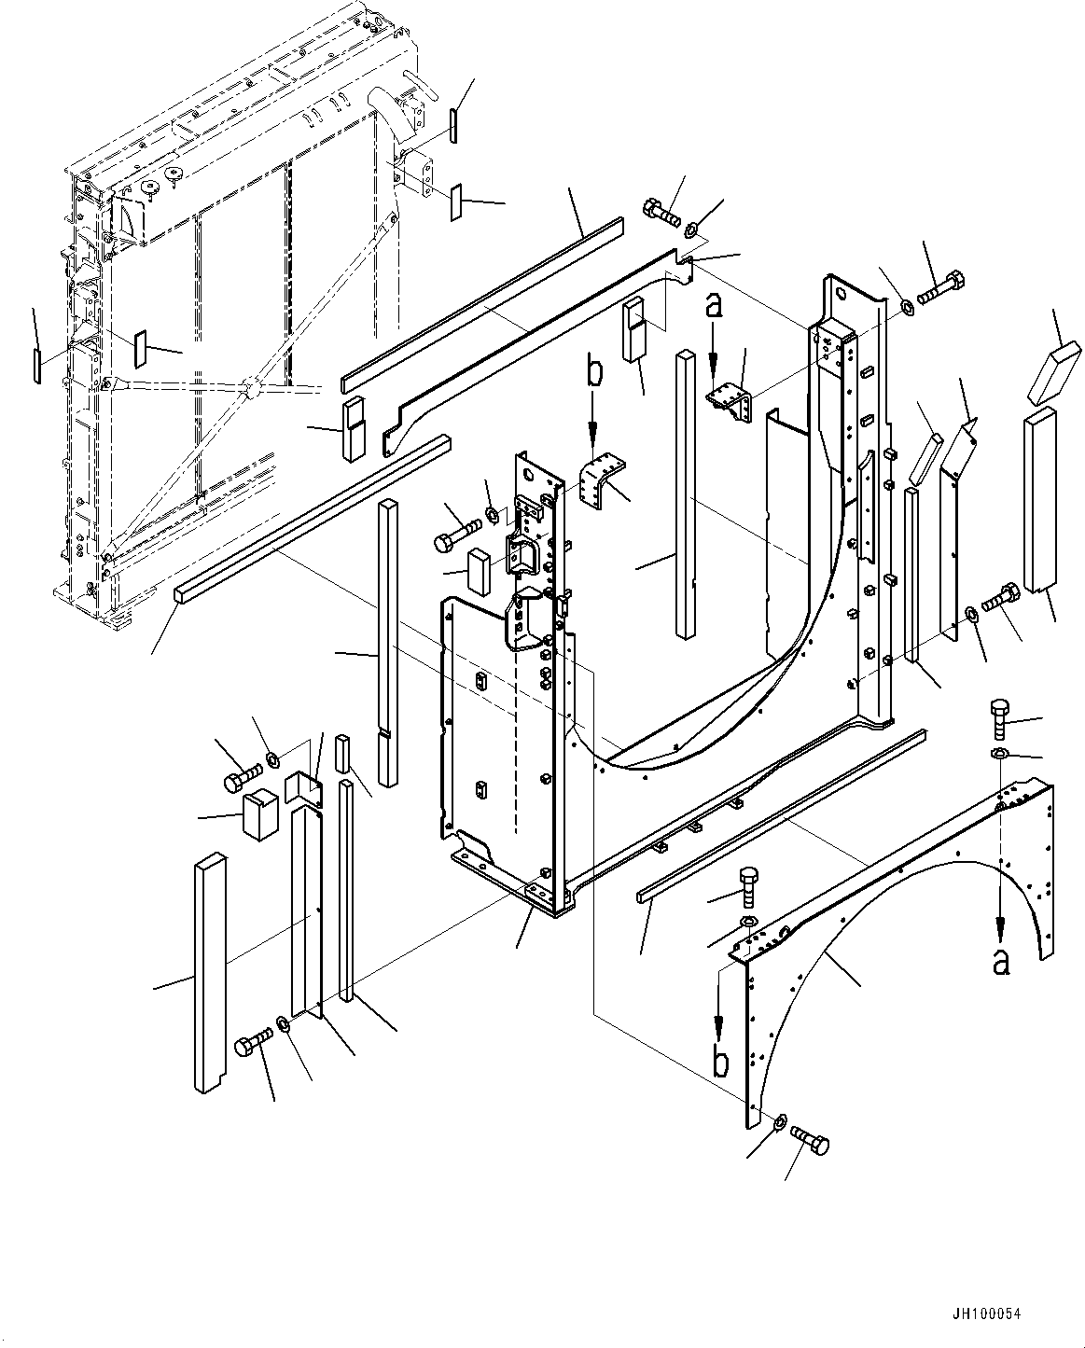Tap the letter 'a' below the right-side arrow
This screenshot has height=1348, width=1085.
pyautogui.click(x=1000, y=962)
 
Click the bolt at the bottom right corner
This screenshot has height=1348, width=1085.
pyautogui.click(x=809, y=1140)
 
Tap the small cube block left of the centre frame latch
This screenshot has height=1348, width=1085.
pyautogui.click(x=480, y=570)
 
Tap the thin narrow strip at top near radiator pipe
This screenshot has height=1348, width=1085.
pyautogui.click(x=452, y=125)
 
